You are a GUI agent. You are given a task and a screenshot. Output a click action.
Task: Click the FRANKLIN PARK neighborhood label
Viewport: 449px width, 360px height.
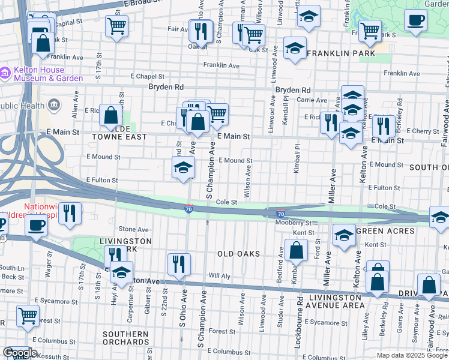click(341, 53)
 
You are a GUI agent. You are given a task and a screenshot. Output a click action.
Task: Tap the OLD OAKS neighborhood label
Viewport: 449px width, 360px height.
click(238, 254)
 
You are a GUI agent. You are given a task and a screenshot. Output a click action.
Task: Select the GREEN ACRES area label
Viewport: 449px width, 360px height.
click(385, 231)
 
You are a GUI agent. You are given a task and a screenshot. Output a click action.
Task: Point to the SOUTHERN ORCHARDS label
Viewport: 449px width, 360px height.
click(125, 338)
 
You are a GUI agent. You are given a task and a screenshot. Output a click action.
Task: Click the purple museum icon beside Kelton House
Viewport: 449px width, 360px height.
click(5, 73)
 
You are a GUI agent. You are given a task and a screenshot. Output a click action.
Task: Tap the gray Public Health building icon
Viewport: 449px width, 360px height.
click(55, 106)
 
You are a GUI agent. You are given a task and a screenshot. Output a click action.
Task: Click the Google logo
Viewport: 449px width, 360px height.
click(20, 353)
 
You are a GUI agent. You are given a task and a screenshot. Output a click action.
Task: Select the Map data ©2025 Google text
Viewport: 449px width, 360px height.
click(411, 355)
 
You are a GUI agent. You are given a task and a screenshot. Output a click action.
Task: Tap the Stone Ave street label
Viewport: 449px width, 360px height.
click(133, 229)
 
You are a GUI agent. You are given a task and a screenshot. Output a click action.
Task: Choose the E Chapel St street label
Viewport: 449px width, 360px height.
click(148, 76)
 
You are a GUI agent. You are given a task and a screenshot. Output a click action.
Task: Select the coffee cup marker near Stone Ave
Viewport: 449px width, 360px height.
click(36, 226)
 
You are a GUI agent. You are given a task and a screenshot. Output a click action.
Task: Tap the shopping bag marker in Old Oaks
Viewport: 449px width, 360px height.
click(296, 249)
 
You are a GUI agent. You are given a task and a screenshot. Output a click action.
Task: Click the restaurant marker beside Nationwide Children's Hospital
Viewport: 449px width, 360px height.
click(70, 213)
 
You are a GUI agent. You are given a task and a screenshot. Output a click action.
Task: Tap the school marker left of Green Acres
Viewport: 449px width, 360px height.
click(344, 235)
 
